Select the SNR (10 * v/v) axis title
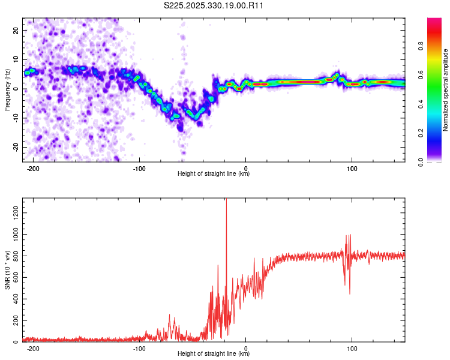pos(7,270)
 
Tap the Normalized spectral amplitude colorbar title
pos(445,90)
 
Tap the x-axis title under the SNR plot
pos(214,354)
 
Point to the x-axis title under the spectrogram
pos(214,174)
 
